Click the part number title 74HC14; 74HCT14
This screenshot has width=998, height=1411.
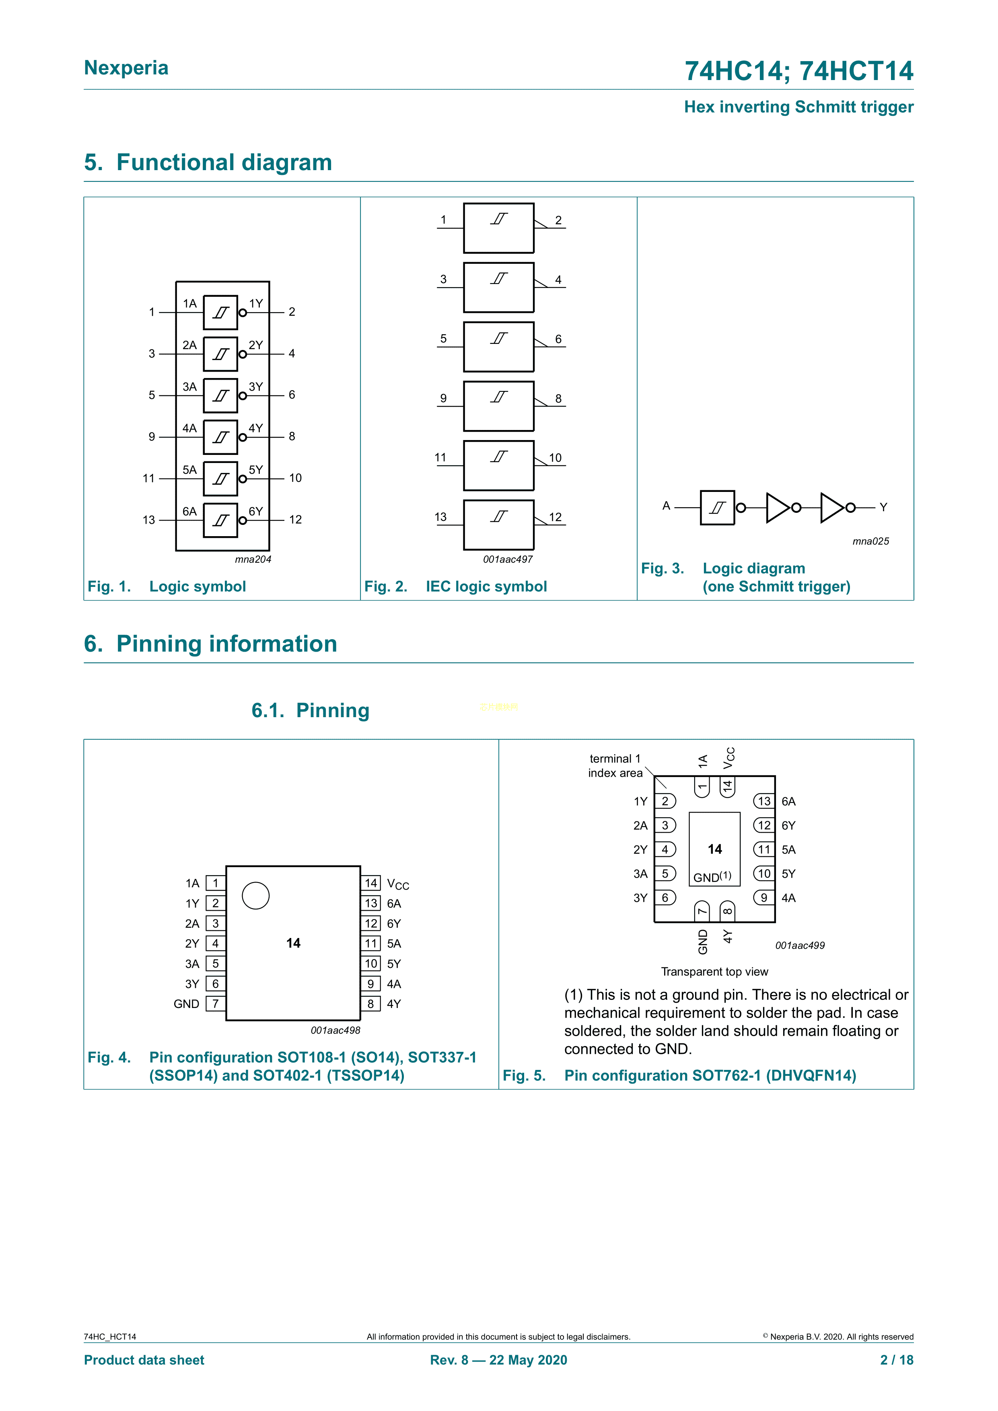coord(799,71)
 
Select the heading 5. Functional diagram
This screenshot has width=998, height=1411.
coord(208,162)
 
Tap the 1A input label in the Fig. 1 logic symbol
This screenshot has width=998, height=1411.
coord(189,304)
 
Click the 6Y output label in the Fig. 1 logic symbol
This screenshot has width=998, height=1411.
coord(256,511)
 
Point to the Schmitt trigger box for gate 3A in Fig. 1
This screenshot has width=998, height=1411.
coord(220,395)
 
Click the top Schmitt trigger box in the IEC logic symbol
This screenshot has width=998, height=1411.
coord(498,228)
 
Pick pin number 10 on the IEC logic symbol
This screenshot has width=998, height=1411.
coord(555,458)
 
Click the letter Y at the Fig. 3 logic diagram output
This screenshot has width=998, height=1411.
coord(883,507)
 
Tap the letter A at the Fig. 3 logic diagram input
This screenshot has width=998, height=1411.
coord(666,506)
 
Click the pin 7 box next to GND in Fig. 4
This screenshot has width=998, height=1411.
coord(215,1004)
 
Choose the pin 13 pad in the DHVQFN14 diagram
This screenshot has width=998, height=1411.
coord(764,801)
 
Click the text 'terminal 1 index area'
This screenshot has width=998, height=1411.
coord(615,766)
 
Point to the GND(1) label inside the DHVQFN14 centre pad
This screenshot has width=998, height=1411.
coord(712,877)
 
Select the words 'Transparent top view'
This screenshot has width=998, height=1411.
coord(714,972)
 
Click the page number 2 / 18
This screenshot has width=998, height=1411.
coord(897,1360)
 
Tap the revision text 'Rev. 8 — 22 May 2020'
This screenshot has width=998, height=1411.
coord(498,1360)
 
